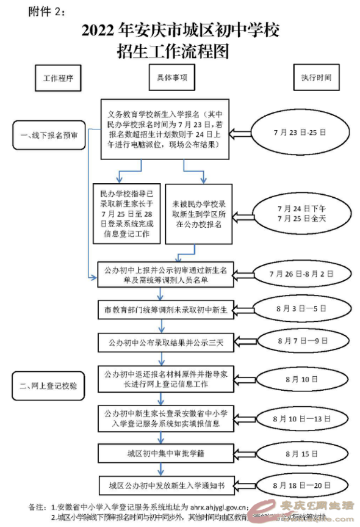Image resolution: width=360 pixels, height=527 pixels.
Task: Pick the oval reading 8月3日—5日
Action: [301, 309]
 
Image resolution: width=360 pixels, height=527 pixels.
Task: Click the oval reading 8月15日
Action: [301, 454]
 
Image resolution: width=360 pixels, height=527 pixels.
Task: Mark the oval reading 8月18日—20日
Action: [301, 486]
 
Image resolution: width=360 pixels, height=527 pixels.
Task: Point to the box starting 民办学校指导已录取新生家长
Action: [127, 214]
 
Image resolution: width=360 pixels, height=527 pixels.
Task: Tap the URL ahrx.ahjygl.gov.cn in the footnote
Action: [217, 507]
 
